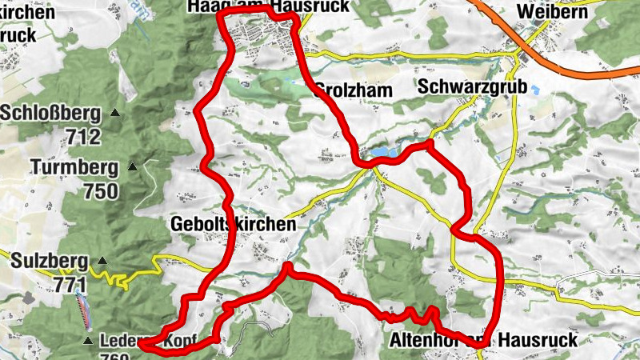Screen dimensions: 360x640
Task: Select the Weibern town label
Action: pos(553,12)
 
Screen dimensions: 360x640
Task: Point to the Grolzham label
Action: pos(354,90)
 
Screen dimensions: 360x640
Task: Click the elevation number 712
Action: pos(85,137)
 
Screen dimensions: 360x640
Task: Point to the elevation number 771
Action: pos(71,283)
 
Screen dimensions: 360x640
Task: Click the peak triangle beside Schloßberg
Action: pos(115,114)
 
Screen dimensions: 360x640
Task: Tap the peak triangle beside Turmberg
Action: pos(133,167)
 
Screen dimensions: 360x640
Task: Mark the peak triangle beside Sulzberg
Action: pos(102,261)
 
